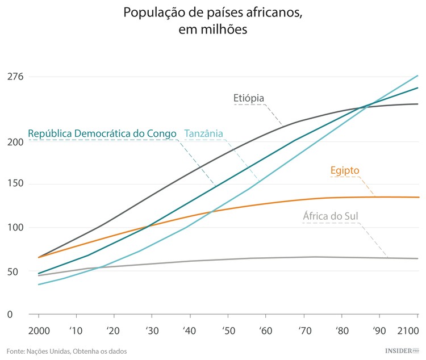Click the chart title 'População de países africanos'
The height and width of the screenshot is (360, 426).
tap(213, 12)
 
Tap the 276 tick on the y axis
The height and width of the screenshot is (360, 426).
tap(15, 77)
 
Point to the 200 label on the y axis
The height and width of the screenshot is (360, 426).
tap(15, 141)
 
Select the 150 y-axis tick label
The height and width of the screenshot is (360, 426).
tap(15, 184)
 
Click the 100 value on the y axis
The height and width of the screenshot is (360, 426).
tap(15, 228)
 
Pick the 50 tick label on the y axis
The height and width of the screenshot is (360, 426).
tap(13, 271)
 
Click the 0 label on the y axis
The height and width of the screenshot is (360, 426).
tap(10, 314)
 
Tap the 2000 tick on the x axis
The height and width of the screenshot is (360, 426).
tap(38, 330)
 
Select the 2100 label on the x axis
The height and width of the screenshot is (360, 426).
tap(408, 330)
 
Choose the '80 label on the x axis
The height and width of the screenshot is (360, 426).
tap(342, 330)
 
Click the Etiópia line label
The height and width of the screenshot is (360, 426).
tap(249, 98)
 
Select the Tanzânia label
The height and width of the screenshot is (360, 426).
tap(203, 133)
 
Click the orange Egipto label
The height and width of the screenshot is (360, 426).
tap(345, 170)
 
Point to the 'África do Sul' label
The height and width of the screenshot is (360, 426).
tap(331, 216)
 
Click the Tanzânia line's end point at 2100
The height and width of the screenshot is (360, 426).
tap(418, 76)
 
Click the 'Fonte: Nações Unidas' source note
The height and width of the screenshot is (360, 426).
tap(66, 351)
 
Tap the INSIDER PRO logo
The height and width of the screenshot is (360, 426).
tap(402, 351)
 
